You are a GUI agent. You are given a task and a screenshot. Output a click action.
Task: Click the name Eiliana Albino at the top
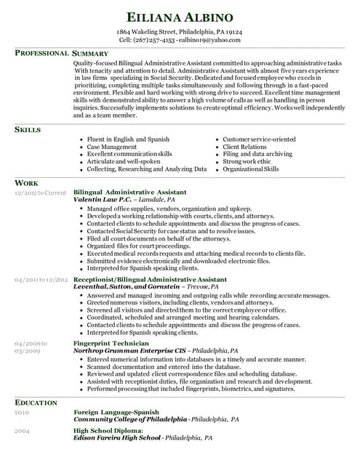(x=180, y=17)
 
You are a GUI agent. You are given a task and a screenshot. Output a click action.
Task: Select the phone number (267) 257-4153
(x=154, y=41)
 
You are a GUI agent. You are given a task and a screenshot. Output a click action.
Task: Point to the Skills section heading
(x=28, y=129)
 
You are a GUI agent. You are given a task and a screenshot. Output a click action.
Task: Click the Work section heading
(x=26, y=183)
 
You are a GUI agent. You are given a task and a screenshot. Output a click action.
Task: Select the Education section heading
(x=36, y=403)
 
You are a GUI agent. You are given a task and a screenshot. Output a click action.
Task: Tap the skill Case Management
(x=111, y=147)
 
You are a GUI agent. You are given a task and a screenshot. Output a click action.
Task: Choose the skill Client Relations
(x=244, y=147)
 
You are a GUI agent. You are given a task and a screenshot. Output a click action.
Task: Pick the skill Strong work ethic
(x=248, y=161)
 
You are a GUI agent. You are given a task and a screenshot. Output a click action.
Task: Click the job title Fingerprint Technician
(x=111, y=343)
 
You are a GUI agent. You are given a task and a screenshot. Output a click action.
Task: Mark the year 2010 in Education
(x=22, y=413)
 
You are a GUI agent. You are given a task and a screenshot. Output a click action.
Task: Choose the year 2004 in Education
(x=22, y=431)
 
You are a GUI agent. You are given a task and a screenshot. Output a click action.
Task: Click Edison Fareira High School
(x=117, y=438)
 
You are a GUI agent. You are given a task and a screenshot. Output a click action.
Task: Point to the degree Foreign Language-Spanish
(x=116, y=413)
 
